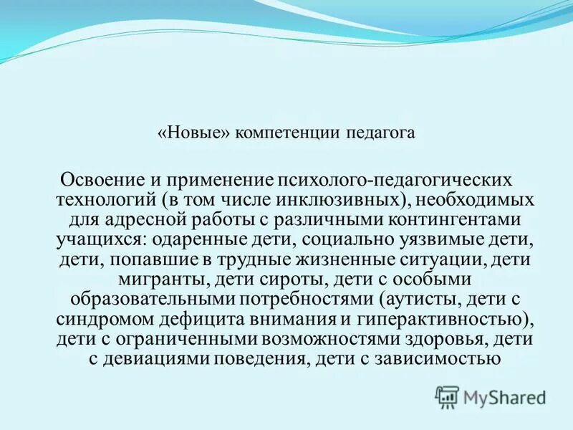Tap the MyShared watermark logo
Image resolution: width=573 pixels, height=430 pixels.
[x=491, y=396]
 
